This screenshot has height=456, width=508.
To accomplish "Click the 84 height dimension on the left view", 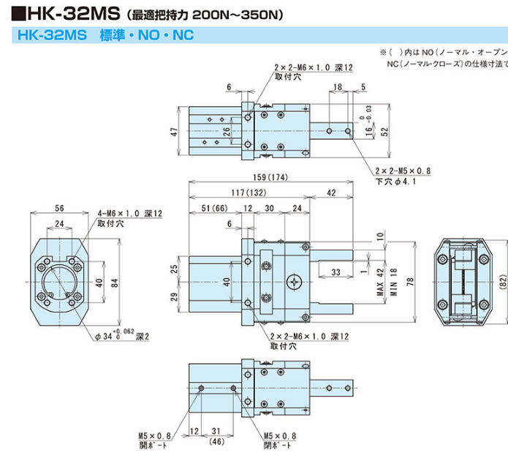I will pyautogui.click(x=115, y=283).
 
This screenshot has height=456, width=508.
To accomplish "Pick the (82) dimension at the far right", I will pyautogui.click(x=501, y=282).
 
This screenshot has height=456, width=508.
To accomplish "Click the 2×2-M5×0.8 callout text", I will pyautogui.click(x=403, y=171).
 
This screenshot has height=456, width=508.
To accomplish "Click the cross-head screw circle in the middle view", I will pyautogui.click(x=295, y=280).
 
